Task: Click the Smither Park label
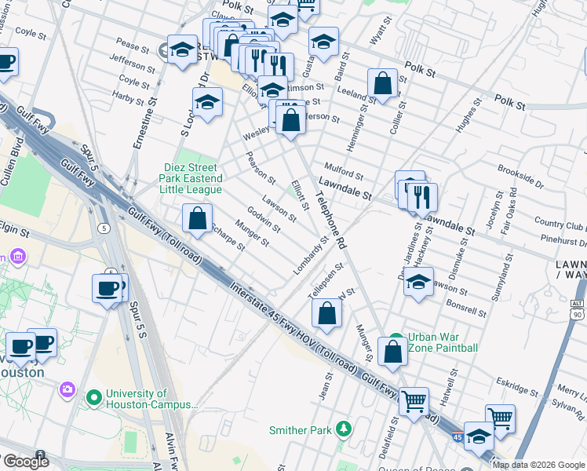pyautogui.click(x=301, y=430)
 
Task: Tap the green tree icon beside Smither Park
pyautogui.click(x=343, y=429)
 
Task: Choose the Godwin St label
pyautogui.click(x=264, y=219)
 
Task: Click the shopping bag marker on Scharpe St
pyautogui.click(x=198, y=217)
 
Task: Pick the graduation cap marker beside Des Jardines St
pyautogui.click(x=419, y=280)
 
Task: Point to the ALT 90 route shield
pyautogui.click(x=578, y=308)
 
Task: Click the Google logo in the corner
pyautogui.click(x=25, y=462)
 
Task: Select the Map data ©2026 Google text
pyautogui.click(x=538, y=465)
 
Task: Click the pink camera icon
pyautogui.click(x=67, y=389)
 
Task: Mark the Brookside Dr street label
pyautogui.click(x=520, y=177)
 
